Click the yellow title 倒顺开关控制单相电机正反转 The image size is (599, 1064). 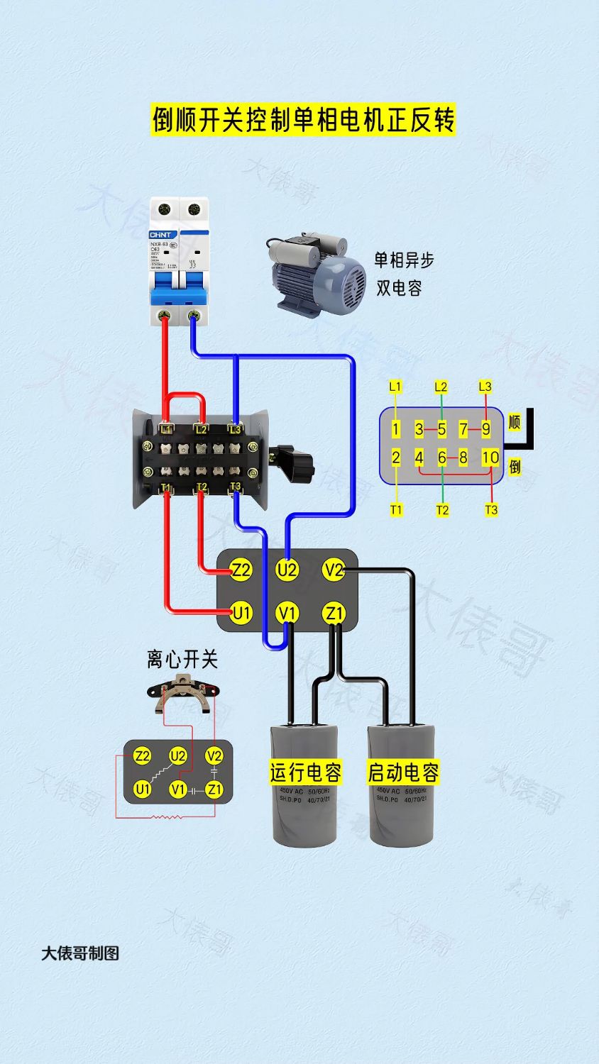pyautogui.click(x=303, y=119)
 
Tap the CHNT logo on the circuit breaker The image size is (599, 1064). pyautogui.click(x=163, y=234)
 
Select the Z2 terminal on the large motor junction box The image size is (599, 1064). pyautogui.click(x=241, y=570)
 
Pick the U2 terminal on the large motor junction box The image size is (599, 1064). pyautogui.click(x=287, y=570)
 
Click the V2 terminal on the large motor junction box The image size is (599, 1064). pyautogui.click(x=333, y=570)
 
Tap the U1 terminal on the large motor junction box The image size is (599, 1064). pyautogui.click(x=241, y=613)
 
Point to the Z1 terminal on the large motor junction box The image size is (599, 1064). pyautogui.click(x=333, y=613)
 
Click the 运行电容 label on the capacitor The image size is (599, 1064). pyautogui.click(x=305, y=772)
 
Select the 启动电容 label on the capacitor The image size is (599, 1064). pyautogui.click(x=402, y=772)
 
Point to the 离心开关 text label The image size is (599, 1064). pyautogui.click(x=182, y=659)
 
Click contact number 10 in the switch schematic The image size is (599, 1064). pyautogui.click(x=490, y=458)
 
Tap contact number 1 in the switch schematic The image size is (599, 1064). pyautogui.click(x=396, y=429)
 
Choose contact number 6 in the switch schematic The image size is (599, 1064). pyautogui.click(x=441, y=458)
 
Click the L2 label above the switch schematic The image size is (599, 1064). pyautogui.click(x=441, y=387)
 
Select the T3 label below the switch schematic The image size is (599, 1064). pyautogui.click(x=491, y=509)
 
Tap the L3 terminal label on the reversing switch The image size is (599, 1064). pyautogui.click(x=235, y=429)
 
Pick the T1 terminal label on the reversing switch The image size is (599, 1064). pyautogui.click(x=166, y=487)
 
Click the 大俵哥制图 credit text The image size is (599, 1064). pyautogui.click(x=80, y=953)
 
